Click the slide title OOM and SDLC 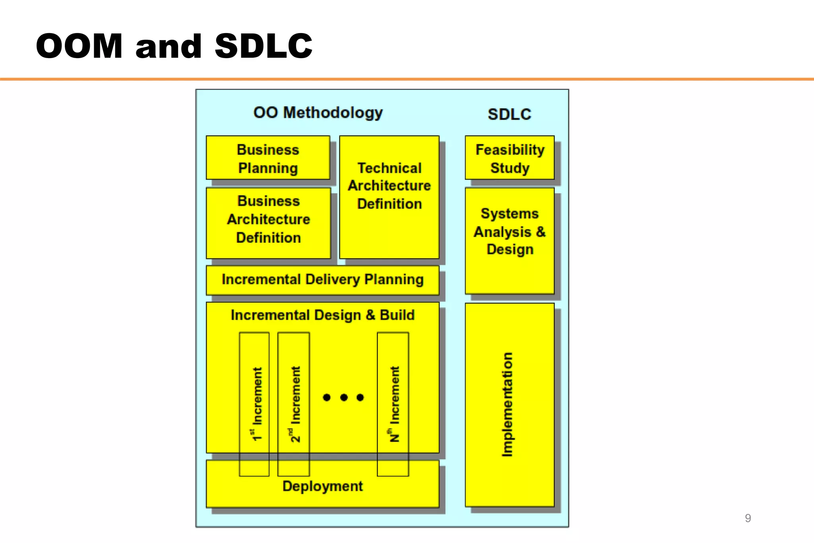pyautogui.click(x=174, y=46)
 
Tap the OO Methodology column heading pyautogui.click(x=318, y=113)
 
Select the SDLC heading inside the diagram pyautogui.click(x=509, y=115)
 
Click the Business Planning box pyautogui.click(x=268, y=158)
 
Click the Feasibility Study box pyautogui.click(x=510, y=158)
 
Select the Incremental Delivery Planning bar pyautogui.click(x=322, y=280)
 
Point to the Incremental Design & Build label pyautogui.click(x=322, y=315)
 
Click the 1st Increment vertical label pyautogui.click(x=257, y=404)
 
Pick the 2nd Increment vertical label pyautogui.click(x=295, y=404)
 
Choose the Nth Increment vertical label pyautogui.click(x=394, y=404)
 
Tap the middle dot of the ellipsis pyautogui.click(x=344, y=397)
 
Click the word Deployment pyautogui.click(x=322, y=486)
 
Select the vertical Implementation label pyautogui.click(x=508, y=404)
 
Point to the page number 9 pyautogui.click(x=748, y=518)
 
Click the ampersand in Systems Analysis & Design pyautogui.click(x=541, y=232)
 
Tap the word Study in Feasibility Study pyautogui.click(x=510, y=168)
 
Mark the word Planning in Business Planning pyautogui.click(x=268, y=168)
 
